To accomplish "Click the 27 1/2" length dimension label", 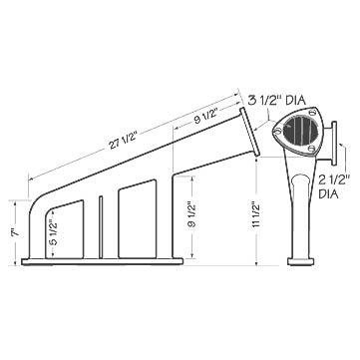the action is (x=123, y=142).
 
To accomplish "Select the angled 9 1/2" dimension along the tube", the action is (x=205, y=116).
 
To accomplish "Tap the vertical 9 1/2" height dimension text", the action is (x=191, y=214).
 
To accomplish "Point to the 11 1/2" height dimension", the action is (x=255, y=214).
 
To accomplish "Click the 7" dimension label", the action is (x=15, y=232).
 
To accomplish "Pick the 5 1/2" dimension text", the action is (x=54, y=231).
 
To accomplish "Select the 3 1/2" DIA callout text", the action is (x=277, y=100).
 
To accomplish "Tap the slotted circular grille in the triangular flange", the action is (x=300, y=131).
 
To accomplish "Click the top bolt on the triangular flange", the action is (x=312, y=112).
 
